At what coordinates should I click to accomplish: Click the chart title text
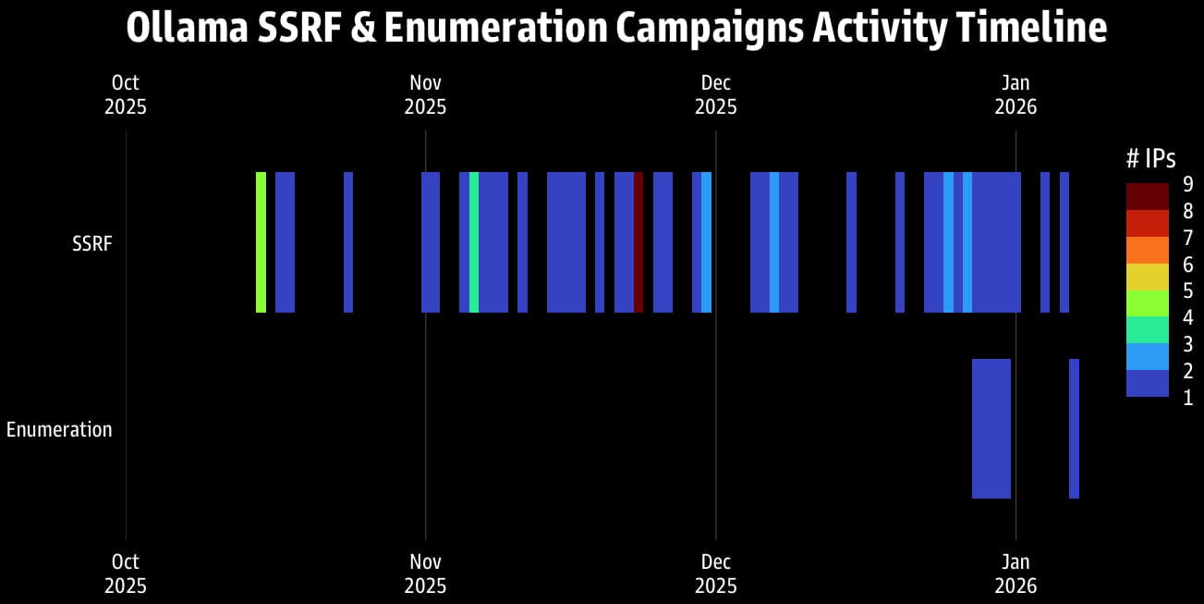616,29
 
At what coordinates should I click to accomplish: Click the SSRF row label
91,243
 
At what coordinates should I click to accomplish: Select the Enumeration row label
59,429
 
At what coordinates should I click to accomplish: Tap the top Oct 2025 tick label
126,95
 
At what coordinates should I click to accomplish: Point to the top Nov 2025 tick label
425,95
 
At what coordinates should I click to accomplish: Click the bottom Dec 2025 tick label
715,573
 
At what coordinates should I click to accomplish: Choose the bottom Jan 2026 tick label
1015,573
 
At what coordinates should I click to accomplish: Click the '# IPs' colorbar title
1150,158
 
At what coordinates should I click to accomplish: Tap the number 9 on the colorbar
1187,183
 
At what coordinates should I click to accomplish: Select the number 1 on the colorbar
1187,398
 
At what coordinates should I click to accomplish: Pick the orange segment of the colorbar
1147,250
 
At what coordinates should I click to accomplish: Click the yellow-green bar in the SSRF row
261,242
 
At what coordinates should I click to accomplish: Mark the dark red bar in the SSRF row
638,242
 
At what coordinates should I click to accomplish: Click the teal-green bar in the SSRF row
474,242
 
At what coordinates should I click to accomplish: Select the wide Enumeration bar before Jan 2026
991,428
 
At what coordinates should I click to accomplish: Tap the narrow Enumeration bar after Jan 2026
1074,428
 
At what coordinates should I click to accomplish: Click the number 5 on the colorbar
1187,290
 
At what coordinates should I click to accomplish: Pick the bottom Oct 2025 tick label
126,573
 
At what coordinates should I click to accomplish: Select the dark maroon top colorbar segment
1147,196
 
